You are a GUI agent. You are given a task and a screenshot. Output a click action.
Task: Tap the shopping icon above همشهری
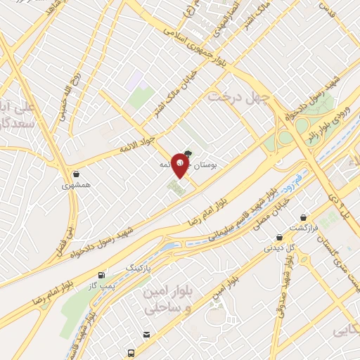[x=75, y=174]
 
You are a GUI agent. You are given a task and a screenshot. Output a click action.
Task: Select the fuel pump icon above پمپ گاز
[x=103, y=274]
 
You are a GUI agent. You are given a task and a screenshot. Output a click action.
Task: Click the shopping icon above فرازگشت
[x=303, y=218]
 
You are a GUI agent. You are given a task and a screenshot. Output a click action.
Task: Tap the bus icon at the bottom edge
[x=131, y=353]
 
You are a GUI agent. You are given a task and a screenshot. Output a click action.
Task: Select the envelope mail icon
[x=146, y=334]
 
